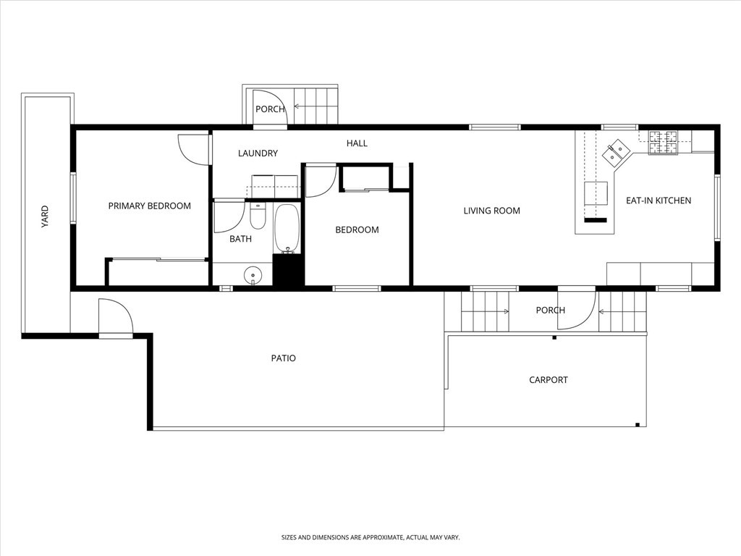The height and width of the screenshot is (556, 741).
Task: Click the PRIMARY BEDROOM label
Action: coord(149,206)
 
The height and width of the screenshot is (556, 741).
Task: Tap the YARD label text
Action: coord(44,216)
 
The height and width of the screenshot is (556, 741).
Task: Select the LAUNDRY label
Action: coord(258,153)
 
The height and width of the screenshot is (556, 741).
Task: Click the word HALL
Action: coord(357,143)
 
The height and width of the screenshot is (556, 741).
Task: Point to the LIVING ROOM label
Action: coord(492,211)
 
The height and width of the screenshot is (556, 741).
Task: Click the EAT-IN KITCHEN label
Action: coord(659,201)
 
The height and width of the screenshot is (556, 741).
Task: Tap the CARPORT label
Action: coord(548,379)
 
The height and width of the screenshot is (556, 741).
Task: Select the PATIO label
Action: coord(283,358)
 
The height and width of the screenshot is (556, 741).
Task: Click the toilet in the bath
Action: coord(258,216)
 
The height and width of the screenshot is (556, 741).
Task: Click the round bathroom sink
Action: coord(253,274)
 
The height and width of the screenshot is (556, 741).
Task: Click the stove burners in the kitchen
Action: coord(663,143)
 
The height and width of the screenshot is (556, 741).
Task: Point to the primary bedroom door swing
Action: coord(192,148)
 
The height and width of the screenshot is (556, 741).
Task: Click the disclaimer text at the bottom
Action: coord(370,537)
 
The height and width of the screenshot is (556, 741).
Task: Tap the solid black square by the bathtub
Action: coord(288,269)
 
